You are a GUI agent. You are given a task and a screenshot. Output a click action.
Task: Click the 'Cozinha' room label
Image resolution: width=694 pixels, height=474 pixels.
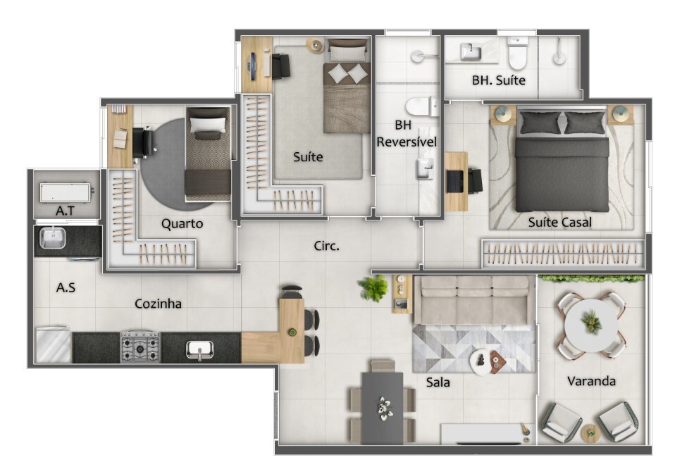(158, 304)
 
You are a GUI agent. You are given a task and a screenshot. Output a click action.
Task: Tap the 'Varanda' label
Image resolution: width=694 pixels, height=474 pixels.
(591, 380)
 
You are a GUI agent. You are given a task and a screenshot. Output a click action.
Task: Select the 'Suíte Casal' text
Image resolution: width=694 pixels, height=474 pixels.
(559, 222)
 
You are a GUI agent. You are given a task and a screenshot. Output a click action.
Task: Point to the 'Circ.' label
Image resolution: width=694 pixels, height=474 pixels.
(326, 246)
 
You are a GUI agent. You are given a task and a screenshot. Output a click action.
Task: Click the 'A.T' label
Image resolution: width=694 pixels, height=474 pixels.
(65, 211)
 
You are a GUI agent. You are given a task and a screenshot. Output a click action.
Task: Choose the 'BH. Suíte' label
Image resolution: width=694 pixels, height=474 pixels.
(498, 80)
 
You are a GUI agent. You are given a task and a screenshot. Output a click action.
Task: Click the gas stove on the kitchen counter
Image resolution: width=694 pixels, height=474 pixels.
(140, 347)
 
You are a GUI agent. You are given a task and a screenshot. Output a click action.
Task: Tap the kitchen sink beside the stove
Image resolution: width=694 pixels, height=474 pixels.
(199, 349)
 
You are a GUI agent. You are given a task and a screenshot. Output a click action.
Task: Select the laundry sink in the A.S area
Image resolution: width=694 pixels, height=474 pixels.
(53, 237)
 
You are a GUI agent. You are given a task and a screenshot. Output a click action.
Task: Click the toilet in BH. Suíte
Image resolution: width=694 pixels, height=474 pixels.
(517, 53)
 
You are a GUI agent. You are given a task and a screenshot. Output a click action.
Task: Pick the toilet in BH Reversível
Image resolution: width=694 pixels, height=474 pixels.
(421, 106)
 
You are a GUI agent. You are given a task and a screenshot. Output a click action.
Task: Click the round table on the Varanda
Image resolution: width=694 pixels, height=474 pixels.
(591, 325)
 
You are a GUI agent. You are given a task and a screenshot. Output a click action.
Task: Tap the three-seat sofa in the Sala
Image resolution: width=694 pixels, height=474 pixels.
(474, 300)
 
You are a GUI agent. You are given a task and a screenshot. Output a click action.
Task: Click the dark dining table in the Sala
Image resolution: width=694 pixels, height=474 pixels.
(383, 408)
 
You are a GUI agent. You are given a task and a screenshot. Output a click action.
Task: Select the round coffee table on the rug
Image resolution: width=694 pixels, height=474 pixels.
(481, 363)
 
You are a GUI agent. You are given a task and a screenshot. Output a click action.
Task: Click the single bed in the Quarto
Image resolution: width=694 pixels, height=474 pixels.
(208, 154)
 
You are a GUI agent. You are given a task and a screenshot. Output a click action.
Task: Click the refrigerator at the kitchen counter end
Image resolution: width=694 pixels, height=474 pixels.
(53, 345)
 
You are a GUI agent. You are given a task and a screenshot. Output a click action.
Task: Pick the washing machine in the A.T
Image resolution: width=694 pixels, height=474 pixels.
(66, 193)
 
